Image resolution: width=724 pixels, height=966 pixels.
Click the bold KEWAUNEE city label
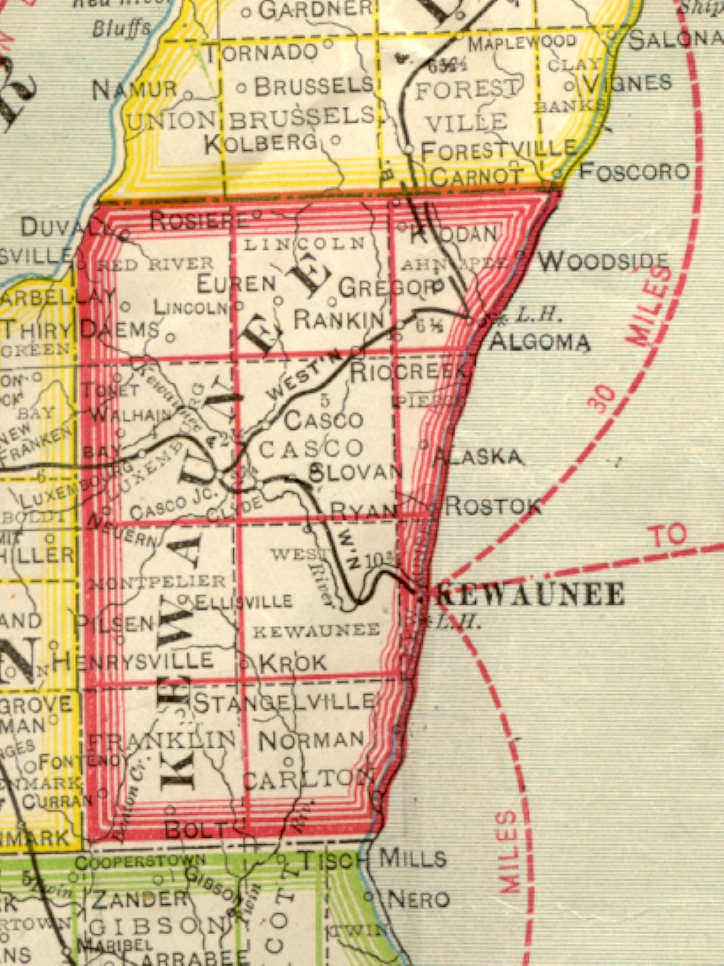(531, 594)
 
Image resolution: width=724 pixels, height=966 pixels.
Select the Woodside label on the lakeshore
(604, 260)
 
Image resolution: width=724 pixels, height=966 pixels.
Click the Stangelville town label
(283, 703)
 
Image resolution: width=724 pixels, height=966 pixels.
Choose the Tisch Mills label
(372, 858)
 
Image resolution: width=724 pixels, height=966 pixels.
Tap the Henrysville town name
(132, 660)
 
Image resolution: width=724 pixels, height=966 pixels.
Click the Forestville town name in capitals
(499, 151)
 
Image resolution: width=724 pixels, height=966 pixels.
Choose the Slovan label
(355, 472)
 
